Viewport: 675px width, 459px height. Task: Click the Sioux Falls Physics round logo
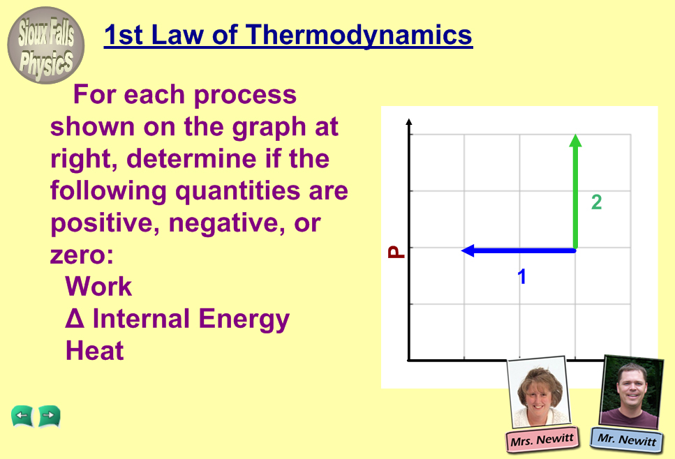click(x=45, y=45)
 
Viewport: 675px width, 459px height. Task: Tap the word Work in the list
click(x=98, y=287)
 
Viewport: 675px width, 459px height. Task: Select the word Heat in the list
click(x=95, y=351)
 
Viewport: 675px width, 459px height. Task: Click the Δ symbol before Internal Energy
click(x=75, y=318)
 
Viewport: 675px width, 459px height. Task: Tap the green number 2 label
click(x=596, y=202)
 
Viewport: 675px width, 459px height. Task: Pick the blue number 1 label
click(x=521, y=277)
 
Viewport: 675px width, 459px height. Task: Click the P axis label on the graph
click(x=396, y=252)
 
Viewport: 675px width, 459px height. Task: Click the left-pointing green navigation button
click(x=22, y=416)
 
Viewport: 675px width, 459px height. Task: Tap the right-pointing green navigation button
click(x=49, y=416)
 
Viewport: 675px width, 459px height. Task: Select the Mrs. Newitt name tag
click(x=542, y=439)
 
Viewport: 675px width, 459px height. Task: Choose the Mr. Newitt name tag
click(x=626, y=439)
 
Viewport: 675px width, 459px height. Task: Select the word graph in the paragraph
click(x=269, y=128)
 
